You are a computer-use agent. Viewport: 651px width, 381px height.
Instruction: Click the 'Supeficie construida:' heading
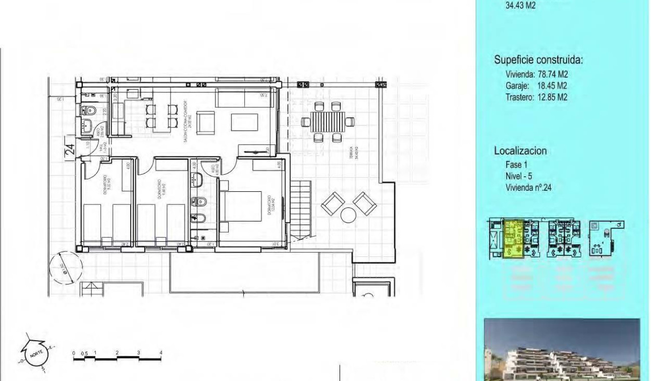[538, 60]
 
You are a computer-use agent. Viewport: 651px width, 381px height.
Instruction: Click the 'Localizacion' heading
[520, 151]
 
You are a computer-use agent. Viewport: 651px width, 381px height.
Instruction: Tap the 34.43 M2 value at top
[520, 6]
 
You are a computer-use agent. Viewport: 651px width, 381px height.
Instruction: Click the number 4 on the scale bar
[161, 353]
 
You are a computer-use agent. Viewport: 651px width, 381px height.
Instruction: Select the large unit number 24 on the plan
[70, 149]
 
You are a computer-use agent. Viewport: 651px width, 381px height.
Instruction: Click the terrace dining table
[327, 122]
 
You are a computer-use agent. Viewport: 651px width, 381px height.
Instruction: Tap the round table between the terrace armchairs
[348, 215]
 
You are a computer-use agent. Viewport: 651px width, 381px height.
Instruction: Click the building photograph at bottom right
[562, 349]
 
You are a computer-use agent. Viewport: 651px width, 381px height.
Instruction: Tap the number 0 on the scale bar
[74, 353]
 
